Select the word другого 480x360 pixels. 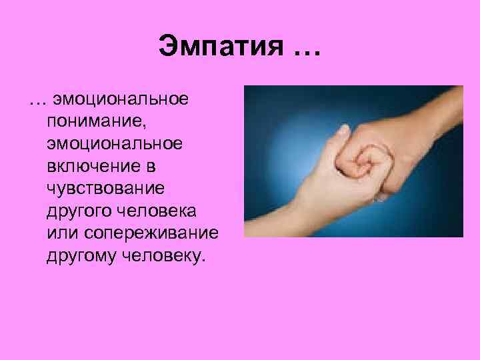point(75,211)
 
